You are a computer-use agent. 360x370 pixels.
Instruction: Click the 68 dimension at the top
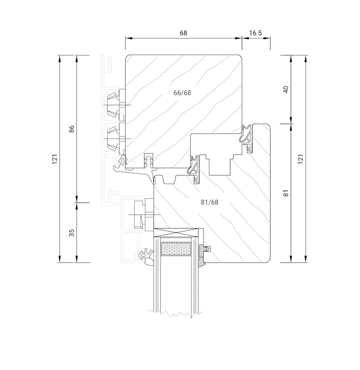tap(183, 33)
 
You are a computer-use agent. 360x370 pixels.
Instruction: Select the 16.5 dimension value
tap(255, 33)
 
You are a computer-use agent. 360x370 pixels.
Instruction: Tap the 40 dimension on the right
tap(286, 89)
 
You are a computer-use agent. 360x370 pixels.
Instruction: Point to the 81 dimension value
tap(286, 193)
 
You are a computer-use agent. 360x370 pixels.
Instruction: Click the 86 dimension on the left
tap(72, 129)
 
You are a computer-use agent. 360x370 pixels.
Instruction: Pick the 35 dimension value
tap(72, 233)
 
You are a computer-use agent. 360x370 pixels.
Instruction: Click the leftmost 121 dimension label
tap(54, 159)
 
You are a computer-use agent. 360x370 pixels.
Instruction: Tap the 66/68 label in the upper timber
tap(182, 93)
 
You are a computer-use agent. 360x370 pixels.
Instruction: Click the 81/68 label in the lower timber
tap(210, 202)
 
